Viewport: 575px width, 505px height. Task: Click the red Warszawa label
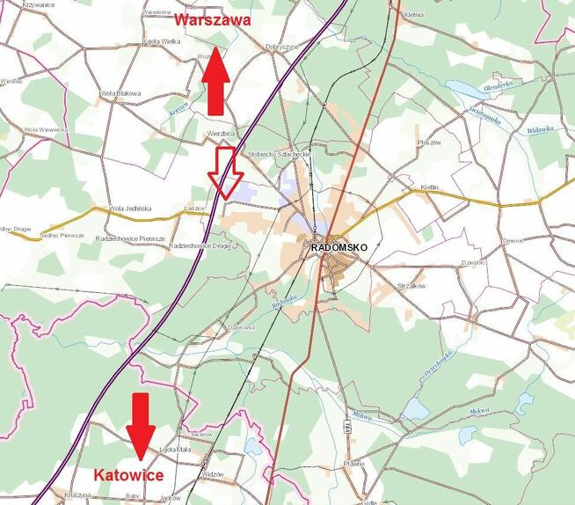tap(213, 19)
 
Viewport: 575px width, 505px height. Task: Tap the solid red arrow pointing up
tap(214, 83)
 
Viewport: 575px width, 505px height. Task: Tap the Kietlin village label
tap(429, 189)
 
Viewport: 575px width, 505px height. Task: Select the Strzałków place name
tap(411, 285)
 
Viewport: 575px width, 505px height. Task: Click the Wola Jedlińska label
tap(130, 209)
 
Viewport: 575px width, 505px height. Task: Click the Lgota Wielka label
tap(161, 40)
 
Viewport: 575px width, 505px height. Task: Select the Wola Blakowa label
tap(120, 92)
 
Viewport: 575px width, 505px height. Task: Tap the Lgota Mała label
tap(176, 450)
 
